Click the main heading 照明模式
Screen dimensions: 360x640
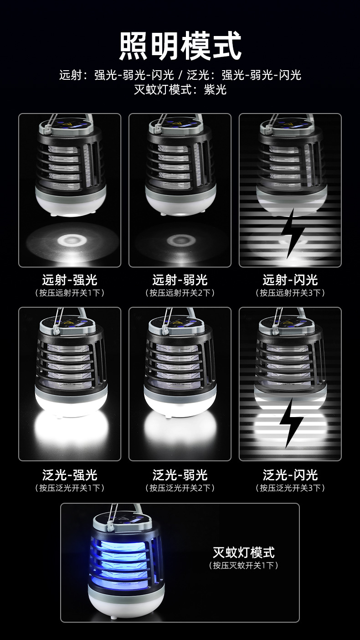pos(180,46)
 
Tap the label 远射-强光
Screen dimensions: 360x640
pos(70,280)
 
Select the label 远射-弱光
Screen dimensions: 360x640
pos(180,280)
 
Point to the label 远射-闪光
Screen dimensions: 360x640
pos(290,280)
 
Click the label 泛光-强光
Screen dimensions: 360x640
pos(70,475)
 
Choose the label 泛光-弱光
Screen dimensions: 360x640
pos(180,475)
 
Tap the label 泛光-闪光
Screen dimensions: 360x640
pos(290,475)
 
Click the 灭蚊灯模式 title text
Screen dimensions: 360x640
pos(244,552)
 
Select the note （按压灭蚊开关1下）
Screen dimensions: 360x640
pos(244,565)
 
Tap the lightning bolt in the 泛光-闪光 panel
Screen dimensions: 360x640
pos(291,423)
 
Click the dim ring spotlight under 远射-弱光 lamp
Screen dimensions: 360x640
pos(179,240)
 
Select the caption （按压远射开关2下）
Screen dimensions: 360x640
pos(180,293)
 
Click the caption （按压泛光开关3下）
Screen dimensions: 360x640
pos(290,488)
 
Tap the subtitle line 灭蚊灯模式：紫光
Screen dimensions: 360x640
pos(180,89)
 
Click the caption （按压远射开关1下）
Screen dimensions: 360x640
pos(70,293)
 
